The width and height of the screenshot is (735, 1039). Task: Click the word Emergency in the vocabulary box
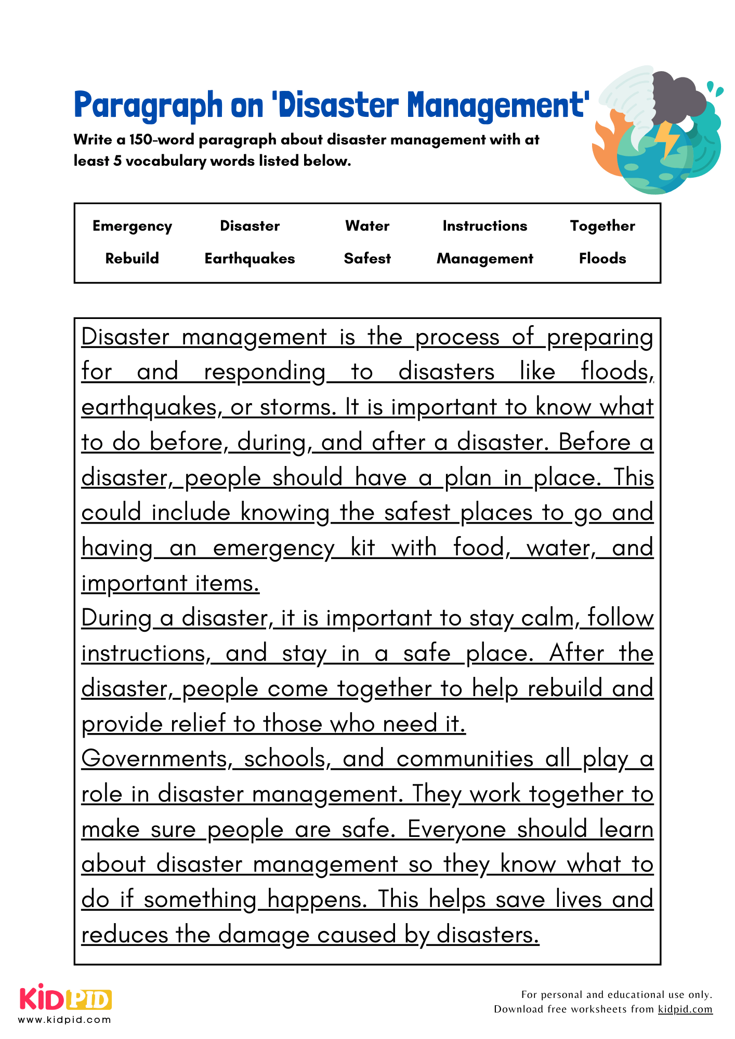coord(132,226)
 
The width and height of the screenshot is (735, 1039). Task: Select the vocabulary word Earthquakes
coord(250,259)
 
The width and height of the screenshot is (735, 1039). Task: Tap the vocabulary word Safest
coord(367,259)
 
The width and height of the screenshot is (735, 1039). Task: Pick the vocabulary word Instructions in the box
coord(484,226)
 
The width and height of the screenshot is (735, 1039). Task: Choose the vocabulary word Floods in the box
coord(602,259)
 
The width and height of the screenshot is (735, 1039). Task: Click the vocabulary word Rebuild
coord(132,259)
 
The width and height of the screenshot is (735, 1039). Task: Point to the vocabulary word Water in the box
coord(367,226)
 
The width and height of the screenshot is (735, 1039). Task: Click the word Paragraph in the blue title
coord(148,105)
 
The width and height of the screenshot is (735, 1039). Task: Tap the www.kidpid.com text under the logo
coord(64,1020)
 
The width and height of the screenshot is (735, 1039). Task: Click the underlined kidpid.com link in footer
coord(685,1009)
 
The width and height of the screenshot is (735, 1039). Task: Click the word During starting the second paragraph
coord(116,618)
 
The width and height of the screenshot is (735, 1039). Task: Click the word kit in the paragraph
coord(362,548)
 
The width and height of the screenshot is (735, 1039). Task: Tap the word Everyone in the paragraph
coord(456,829)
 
